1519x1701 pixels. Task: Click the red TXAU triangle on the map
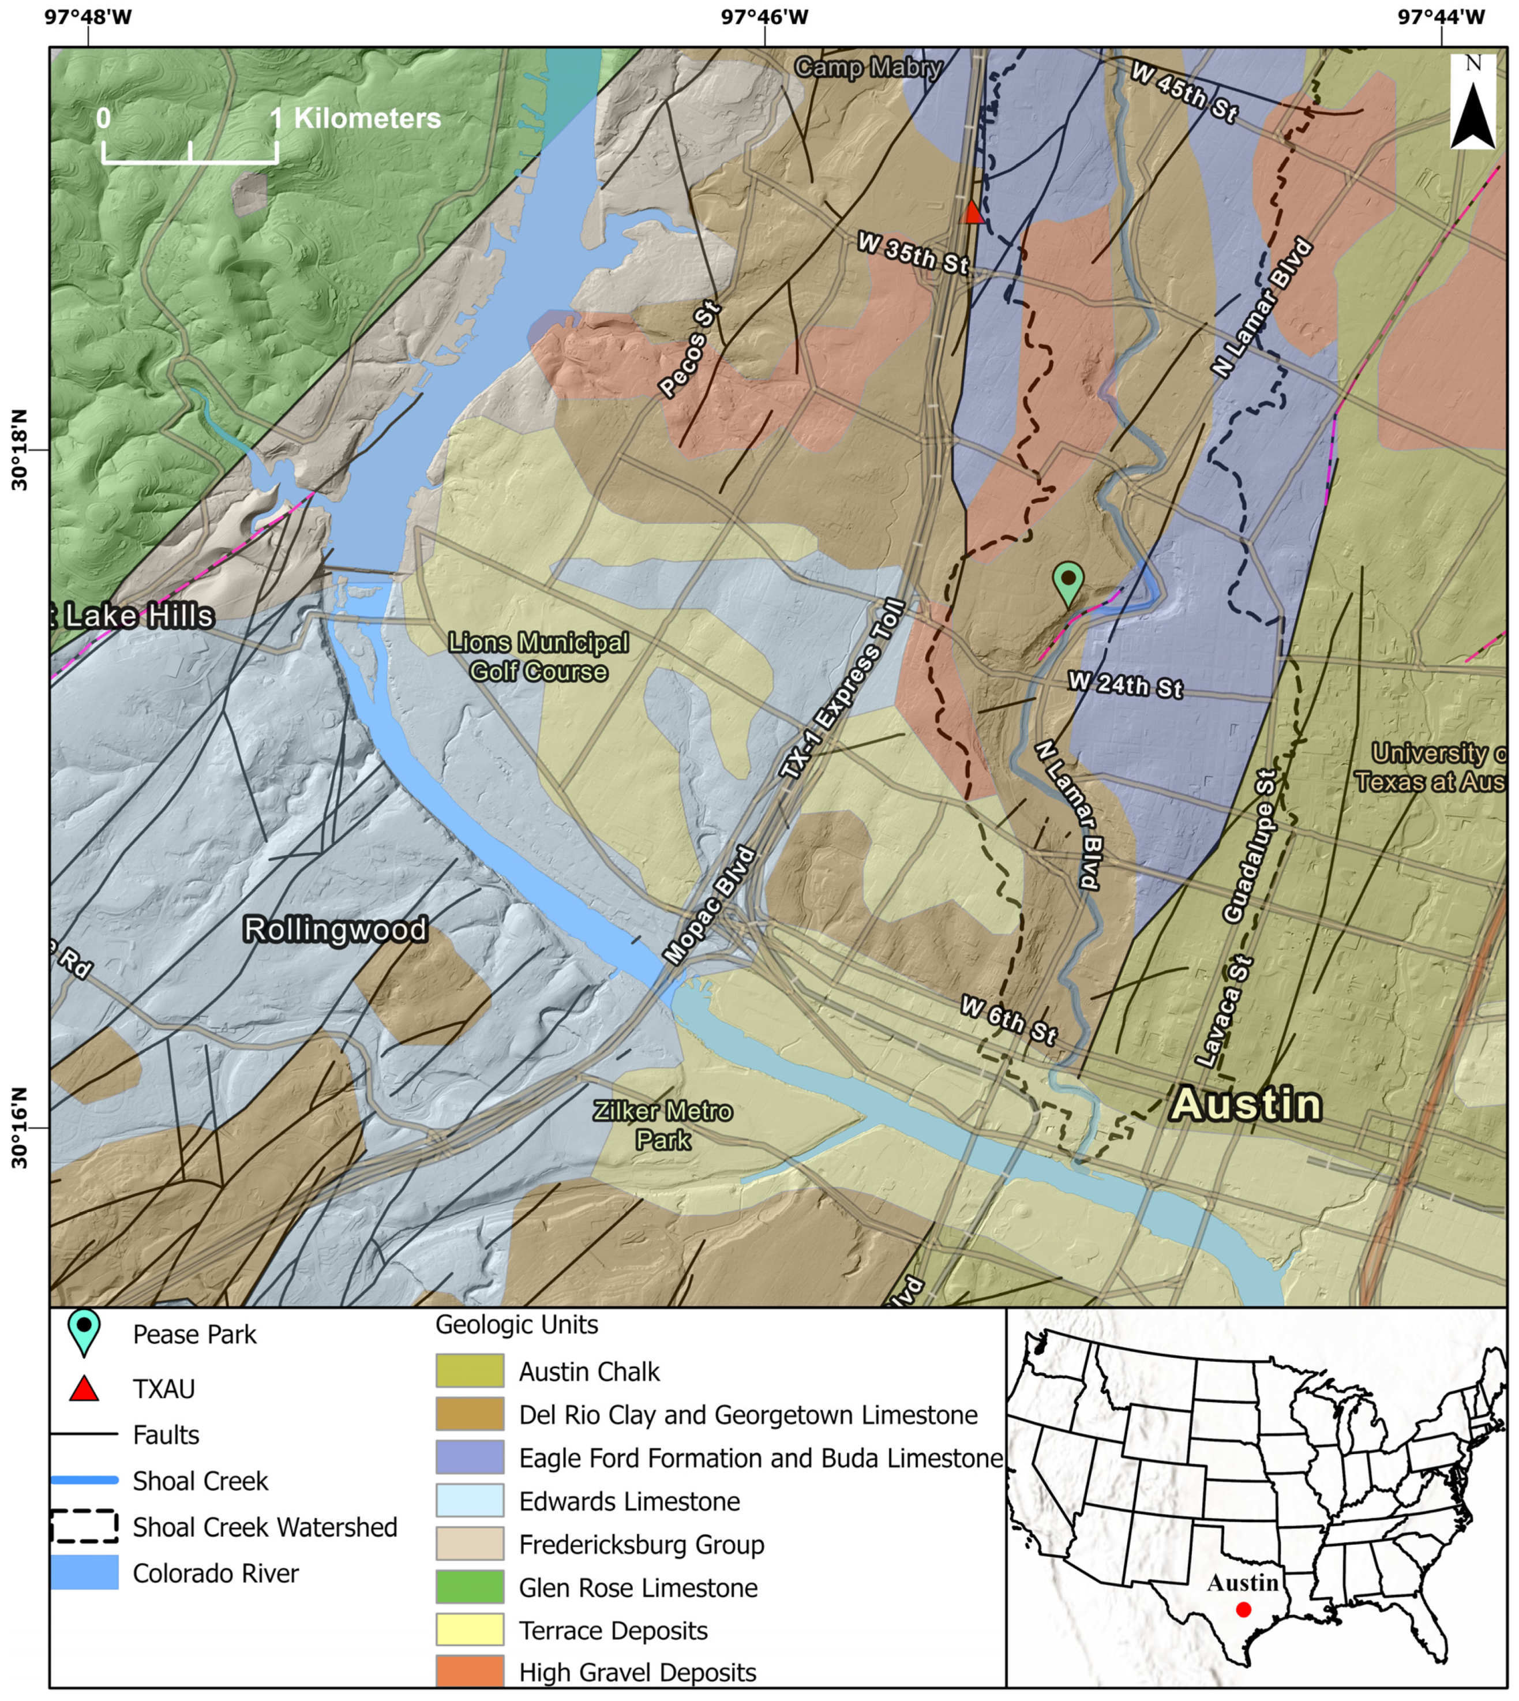pyautogui.click(x=972, y=213)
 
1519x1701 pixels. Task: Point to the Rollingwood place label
pyautogui.click(x=335, y=930)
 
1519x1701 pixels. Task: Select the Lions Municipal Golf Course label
pyautogui.click(x=538, y=657)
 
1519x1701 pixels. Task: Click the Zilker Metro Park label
pyautogui.click(x=663, y=1125)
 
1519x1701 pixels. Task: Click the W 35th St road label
pyautogui.click(x=913, y=254)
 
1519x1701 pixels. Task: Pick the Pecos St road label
pyautogui.click(x=689, y=351)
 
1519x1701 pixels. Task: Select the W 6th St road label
pyautogui.click(x=1008, y=1020)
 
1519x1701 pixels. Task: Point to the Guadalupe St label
pyautogui.click(x=1250, y=847)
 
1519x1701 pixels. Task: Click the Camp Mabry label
pyautogui.click(x=868, y=67)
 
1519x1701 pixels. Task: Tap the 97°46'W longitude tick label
pyautogui.click(x=764, y=17)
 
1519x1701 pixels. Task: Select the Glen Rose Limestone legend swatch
pyautogui.click(x=470, y=1587)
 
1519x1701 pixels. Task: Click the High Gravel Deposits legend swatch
pyautogui.click(x=470, y=1672)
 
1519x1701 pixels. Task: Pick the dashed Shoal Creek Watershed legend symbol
pyautogui.click(x=84, y=1527)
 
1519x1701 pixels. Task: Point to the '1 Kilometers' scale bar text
pyautogui.click(x=357, y=118)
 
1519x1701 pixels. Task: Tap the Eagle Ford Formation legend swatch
pyautogui.click(x=470, y=1458)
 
